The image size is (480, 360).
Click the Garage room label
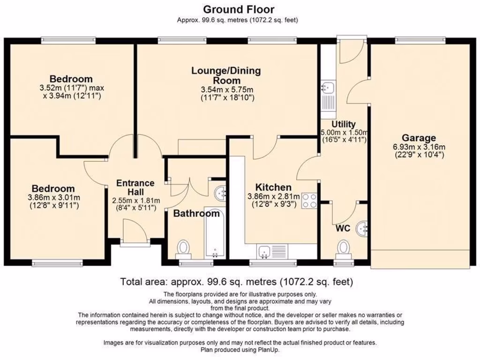pyautogui.click(x=419, y=138)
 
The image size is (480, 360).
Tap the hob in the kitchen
pyautogui.click(x=309, y=201)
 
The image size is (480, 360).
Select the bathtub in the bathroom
pyautogui.click(x=214, y=233)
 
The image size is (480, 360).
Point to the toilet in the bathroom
pyautogui.click(x=184, y=249)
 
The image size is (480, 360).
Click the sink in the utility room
pyautogui.click(x=328, y=99)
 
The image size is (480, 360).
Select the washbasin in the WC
pyautogui.click(x=362, y=228)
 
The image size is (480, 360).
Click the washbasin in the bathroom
pyautogui.click(x=220, y=193)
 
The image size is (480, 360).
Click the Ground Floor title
pyautogui.click(x=239, y=9)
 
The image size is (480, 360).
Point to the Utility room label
pyautogui.click(x=344, y=124)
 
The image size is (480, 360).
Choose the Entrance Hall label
pyautogui.click(x=135, y=187)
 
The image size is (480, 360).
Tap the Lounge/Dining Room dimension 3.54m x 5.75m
pyautogui.click(x=227, y=90)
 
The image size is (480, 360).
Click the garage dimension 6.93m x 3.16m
pyautogui.click(x=419, y=147)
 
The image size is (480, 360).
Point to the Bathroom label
pyautogui.click(x=196, y=213)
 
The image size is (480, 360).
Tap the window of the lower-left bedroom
pyautogui.click(x=58, y=262)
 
